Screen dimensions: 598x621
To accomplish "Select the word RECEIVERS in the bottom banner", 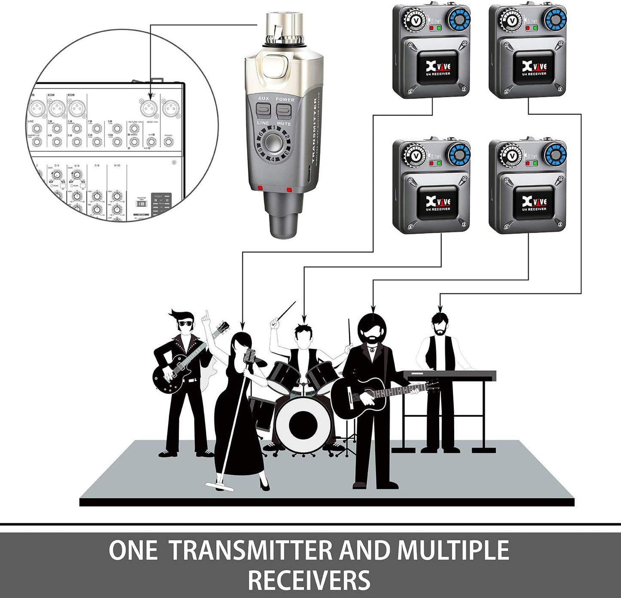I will pyautogui.click(x=309, y=580).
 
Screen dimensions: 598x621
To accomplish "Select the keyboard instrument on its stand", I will pyautogui.click(x=450, y=375).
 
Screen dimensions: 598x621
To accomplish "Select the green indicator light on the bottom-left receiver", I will pyautogui.click(x=438, y=163).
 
